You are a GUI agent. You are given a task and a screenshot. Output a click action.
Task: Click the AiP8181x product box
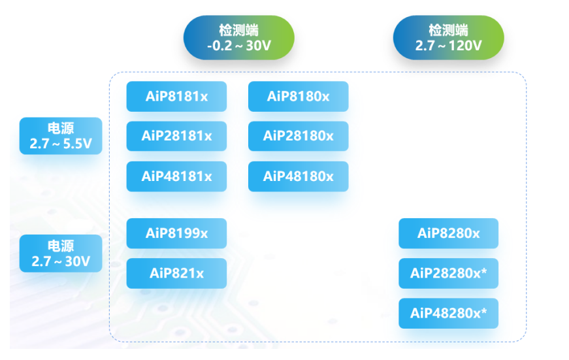tap(176, 97)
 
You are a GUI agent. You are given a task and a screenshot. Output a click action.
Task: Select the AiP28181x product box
tap(176, 137)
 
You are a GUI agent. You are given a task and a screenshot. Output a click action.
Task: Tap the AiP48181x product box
tap(176, 176)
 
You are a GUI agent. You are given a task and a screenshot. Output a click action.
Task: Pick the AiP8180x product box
tap(298, 97)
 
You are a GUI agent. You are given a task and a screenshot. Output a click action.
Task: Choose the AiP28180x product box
tap(298, 137)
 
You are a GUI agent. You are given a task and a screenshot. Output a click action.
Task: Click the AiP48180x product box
tap(298, 176)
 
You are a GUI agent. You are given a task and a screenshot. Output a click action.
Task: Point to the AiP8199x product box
tap(176, 233)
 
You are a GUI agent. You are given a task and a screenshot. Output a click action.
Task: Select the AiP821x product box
tap(176, 273)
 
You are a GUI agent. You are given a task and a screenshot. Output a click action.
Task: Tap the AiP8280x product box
tap(448, 233)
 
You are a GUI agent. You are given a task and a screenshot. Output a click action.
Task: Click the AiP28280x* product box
tap(448, 273)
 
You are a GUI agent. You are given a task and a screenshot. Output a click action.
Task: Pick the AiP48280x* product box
tap(448, 313)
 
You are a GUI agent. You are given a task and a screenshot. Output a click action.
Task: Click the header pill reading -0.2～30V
tap(238, 38)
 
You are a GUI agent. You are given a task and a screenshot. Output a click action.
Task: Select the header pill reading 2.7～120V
tap(448, 38)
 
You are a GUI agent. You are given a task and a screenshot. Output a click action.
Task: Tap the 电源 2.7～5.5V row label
tap(61, 136)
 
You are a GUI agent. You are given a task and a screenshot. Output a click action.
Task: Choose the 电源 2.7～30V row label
tap(61, 254)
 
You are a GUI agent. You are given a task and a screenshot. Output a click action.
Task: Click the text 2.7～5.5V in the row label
tap(61, 144)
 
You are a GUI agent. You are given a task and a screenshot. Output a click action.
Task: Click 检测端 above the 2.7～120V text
tap(448, 30)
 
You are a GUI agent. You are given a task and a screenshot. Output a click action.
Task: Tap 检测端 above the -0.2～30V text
tap(238, 30)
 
